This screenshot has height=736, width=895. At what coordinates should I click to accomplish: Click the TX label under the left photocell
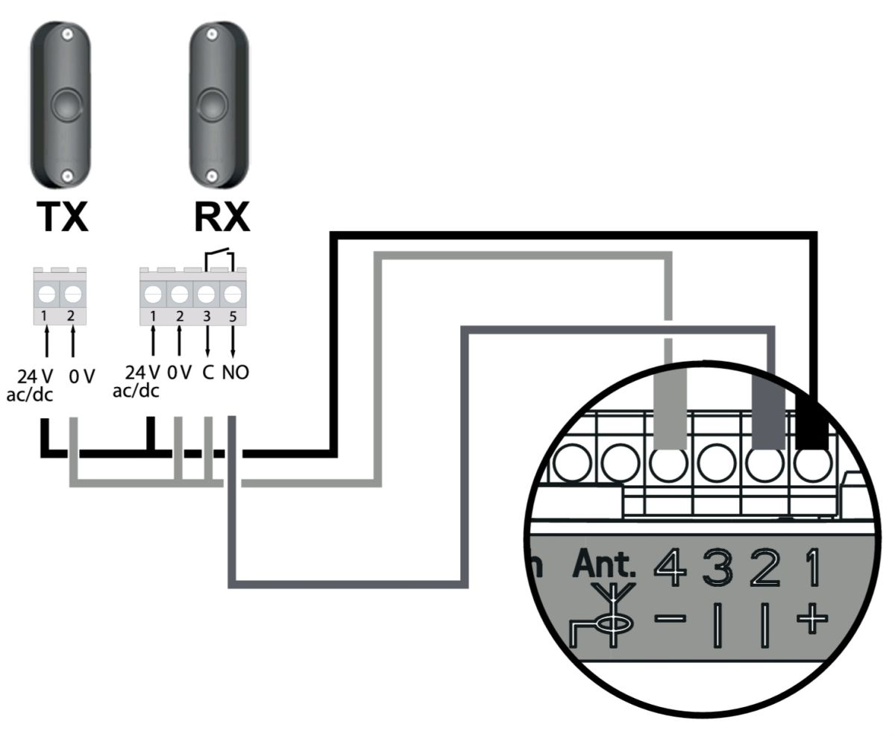63,216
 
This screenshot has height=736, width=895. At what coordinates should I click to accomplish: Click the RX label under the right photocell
222,216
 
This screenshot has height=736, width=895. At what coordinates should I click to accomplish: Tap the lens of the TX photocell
66,104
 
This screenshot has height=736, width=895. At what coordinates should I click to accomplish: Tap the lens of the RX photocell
211,104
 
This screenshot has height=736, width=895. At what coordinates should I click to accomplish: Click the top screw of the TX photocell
66,35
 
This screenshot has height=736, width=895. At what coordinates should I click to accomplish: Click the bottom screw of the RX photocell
212,175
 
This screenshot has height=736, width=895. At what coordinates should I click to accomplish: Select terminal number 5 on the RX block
233,316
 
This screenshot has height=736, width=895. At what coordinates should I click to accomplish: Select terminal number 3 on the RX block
207,316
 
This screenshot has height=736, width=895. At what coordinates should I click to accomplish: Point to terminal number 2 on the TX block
71,315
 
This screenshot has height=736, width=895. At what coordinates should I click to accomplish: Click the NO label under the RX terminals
236,372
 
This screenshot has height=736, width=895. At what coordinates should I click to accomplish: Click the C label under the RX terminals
208,372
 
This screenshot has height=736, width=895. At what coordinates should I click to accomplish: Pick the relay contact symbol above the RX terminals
219,260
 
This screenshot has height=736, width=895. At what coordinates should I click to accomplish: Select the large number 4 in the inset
670,567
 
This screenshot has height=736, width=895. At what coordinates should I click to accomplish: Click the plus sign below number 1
811,618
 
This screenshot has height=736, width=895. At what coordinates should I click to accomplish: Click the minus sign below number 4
670,618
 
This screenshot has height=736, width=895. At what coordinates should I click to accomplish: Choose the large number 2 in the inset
764,567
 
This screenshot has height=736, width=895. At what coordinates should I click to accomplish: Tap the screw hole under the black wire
812,463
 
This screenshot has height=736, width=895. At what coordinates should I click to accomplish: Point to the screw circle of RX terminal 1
153,294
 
